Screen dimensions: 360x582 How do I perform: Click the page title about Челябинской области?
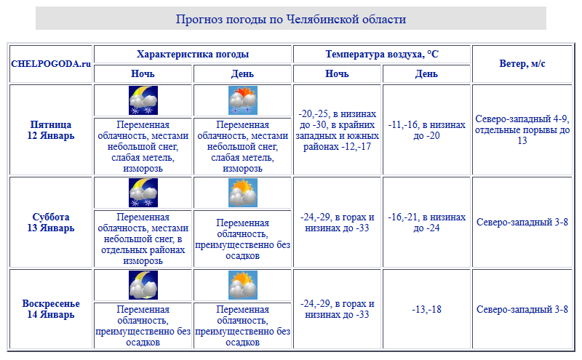(290, 19)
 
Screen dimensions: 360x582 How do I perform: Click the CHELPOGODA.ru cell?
(51, 64)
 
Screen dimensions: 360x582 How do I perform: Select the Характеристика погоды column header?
(193, 55)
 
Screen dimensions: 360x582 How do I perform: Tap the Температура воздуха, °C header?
(382, 55)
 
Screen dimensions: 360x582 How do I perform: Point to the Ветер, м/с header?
(522, 64)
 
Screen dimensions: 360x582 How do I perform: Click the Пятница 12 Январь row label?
(52, 129)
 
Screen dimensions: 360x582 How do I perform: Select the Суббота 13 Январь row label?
(52, 223)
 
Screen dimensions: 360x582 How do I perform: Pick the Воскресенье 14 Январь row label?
(52, 309)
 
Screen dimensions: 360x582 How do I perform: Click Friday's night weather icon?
(143, 100)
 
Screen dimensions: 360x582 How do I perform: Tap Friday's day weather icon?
(242, 100)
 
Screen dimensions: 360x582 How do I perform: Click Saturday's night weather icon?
(143, 193)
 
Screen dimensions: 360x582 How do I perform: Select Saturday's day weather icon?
(242, 193)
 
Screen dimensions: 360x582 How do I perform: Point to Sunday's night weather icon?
(143, 285)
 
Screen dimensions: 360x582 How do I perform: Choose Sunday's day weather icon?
(242, 285)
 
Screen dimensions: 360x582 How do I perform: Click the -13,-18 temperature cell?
(426, 309)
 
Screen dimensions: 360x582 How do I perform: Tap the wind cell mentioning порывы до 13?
(522, 129)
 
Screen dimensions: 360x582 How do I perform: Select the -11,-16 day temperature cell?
(426, 129)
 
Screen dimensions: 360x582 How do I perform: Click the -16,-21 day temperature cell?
(426, 223)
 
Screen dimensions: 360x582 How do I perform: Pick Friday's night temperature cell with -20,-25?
(338, 129)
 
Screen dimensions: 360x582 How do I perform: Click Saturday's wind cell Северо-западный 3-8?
(522, 223)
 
